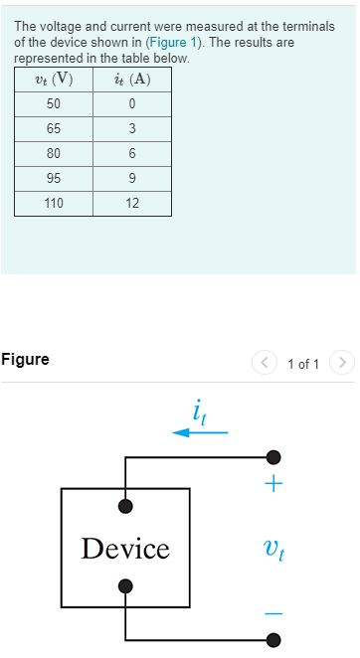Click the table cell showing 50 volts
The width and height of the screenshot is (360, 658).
tap(54, 104)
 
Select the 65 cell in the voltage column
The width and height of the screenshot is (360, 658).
tap(54, 129)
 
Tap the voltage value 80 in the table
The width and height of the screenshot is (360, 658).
tap(54, 154)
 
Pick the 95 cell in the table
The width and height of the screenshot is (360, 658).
tap(54, 179)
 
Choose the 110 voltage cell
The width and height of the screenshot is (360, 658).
tap(54, 204)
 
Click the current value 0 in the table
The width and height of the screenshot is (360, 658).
tap(132, 104)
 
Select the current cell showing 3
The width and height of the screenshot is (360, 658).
tap(132, 129)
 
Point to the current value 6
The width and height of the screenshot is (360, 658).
tap(132, 154)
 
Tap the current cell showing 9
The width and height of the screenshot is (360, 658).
tap(132, 179)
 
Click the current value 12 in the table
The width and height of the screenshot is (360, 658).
tap(132, 204)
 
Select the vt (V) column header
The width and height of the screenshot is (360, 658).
tap(54, 80)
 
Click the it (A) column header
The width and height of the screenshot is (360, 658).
tap(132, 80)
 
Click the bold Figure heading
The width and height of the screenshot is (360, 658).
tap(26, 360)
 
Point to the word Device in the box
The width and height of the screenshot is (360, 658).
tap(125, 549)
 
